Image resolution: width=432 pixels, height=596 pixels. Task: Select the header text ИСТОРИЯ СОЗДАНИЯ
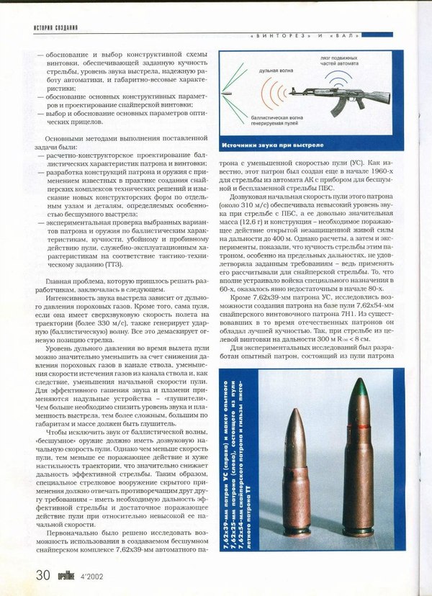pos(55,28)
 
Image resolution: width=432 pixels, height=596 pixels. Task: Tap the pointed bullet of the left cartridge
pos(296,429)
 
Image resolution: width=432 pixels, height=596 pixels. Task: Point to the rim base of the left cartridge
pos(296,531)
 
